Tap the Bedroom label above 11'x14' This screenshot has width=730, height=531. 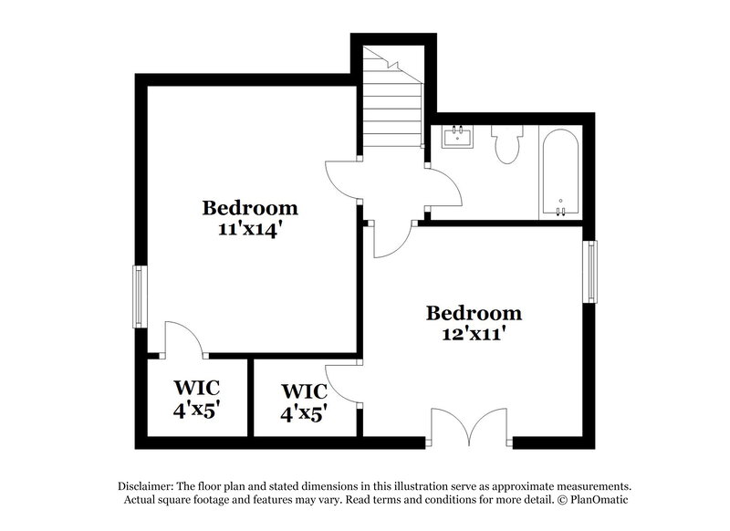[x=250, y=207]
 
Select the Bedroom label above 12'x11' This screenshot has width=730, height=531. [x=474, y=314]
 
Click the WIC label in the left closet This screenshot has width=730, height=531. [x=197, y=386]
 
